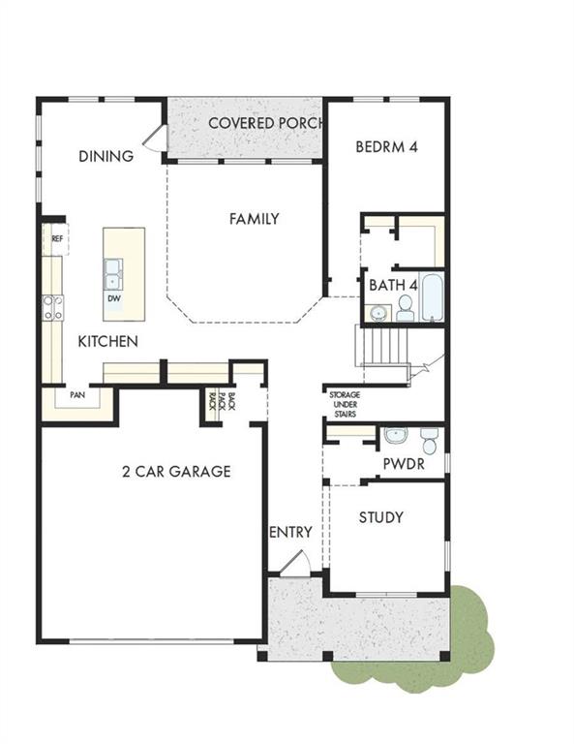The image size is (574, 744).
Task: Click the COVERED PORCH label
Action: (265, 123)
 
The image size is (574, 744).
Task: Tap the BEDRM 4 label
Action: (387, 148)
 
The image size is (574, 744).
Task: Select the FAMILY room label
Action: (254, 219)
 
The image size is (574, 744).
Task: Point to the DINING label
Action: (106, 156)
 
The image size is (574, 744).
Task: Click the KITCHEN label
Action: (107, 341)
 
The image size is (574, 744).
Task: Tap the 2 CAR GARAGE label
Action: (176, 472)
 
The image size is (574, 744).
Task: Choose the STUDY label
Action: (381, 517)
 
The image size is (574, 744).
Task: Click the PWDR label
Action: (402, 465)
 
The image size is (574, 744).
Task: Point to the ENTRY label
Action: (290, 532)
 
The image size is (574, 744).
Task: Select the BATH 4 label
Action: (393, 286)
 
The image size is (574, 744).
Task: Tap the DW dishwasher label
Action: (113, 298)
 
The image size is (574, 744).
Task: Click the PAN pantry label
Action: (76, 395)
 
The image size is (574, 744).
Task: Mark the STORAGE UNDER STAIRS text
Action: (345, 404)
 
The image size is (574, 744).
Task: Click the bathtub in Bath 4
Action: (432, 297)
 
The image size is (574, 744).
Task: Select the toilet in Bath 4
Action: (405, 307)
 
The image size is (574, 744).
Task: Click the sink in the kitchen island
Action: (113, 273)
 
